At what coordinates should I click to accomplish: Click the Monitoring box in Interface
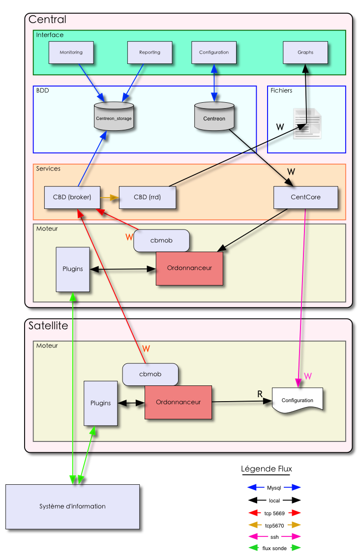click(71, 53)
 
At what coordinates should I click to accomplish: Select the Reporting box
click(150, 53)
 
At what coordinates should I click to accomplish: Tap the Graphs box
click(305, 53)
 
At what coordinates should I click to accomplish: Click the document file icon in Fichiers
click(307, 123)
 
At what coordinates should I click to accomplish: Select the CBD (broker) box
click(72, 197)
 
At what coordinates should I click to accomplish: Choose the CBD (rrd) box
click(147, 197)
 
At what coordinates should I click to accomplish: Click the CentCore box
click(305, 197)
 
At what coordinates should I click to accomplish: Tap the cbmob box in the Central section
click(161, 240)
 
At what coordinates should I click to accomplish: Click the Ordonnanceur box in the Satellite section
click(178, 402)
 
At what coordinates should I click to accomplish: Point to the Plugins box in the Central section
click(73, 269)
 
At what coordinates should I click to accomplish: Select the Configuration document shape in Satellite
click(297, 400)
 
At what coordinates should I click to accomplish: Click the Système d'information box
click(72, 506)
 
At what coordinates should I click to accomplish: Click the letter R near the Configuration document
click(260, 394)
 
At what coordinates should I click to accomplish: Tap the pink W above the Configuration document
click(308, 376)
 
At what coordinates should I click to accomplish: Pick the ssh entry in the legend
click(274, 537)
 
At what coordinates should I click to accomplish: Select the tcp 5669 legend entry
click(274, 513)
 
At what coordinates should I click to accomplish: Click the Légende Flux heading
click(266, 469)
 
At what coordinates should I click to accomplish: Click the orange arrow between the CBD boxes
click(110, 198)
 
